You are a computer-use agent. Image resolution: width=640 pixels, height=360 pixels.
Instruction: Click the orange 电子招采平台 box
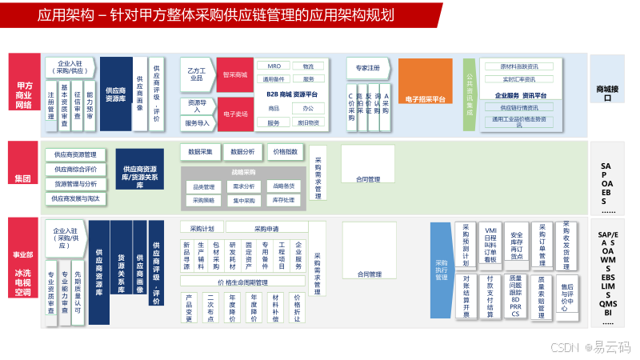[424, 99]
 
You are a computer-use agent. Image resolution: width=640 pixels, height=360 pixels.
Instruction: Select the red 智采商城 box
[235, 74]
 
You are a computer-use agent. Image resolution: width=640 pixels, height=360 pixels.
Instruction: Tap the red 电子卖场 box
[235, 114]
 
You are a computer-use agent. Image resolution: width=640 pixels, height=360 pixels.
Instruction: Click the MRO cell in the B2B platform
[274, 66]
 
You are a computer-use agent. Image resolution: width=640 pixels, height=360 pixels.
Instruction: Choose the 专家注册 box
[368, 68]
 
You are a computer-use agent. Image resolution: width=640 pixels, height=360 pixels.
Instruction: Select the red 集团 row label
[22, 178]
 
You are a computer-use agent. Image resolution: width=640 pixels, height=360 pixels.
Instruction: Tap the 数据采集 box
[200, 151]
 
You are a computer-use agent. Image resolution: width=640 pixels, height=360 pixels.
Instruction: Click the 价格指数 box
[285, 151]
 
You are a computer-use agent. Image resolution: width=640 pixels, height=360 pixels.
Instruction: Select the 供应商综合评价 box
[75, 169]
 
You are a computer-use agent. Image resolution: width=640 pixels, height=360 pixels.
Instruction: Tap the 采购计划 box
[196, 228]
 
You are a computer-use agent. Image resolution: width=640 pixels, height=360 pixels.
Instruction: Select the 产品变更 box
[190, 307]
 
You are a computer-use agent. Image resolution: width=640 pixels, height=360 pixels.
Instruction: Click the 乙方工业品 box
[196, 70]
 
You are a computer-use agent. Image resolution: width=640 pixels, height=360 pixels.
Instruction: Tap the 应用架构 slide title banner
[220, 15]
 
